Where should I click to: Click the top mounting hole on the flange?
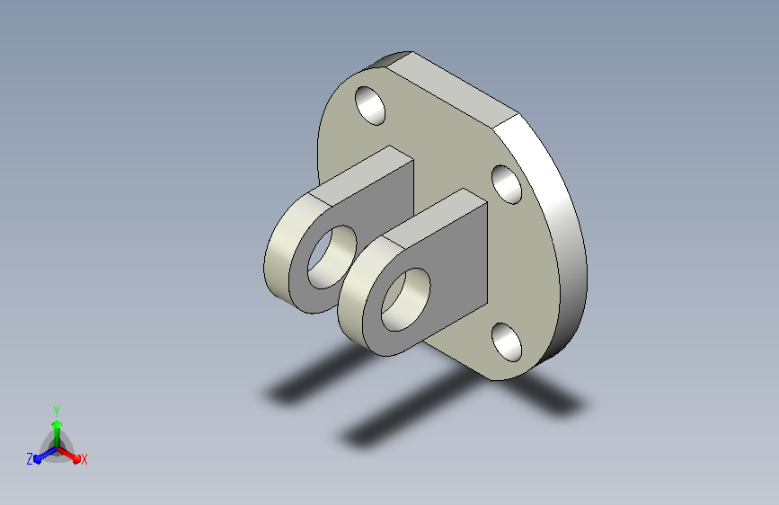[x=370, y=106]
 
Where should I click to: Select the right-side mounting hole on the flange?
[x=507, y=184]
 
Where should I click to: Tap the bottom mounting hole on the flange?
[x=507, y=342]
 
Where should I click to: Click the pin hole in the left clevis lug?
[x=332, y=257]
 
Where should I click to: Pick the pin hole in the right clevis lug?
[x=405, y=300]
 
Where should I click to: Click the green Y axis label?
[x=57, y=412]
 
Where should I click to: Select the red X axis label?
[x=84, y=460]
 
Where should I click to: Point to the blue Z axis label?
[x=30, y=459]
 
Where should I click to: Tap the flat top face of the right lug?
[x=436, y=217]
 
